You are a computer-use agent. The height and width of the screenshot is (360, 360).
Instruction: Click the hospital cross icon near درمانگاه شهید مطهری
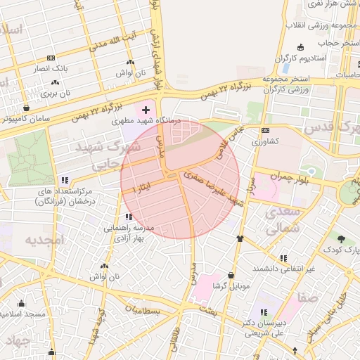click(146, 110)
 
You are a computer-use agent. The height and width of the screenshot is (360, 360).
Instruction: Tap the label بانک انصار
click(51, 69)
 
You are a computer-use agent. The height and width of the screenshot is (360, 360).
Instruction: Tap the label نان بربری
click(56, 92)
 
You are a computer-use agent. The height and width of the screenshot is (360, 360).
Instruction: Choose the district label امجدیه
click(44, 240)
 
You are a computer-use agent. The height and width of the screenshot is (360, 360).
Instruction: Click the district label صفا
click(308, 297)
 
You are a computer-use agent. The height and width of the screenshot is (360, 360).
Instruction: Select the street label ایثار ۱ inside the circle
click(140, 189)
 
